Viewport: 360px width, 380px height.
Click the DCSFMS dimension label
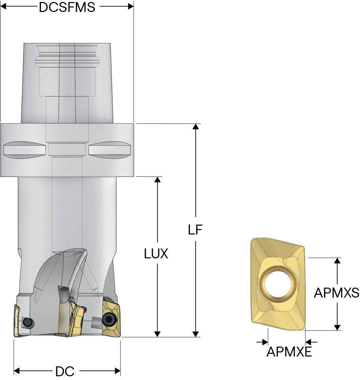tap(67, 7)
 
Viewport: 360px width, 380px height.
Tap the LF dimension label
tap(195, 230)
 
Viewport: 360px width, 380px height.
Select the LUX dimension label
tap(156, 254)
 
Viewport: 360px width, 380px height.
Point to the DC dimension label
tap(65, 371)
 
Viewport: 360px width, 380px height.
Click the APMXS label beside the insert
tap(336, 292)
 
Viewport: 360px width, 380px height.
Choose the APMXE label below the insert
tap(289, 352)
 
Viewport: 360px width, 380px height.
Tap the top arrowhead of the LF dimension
tap(195, 127)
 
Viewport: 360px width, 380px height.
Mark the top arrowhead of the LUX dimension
tap(157, 180)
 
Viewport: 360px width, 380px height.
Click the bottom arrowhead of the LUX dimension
tap(157, 334)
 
